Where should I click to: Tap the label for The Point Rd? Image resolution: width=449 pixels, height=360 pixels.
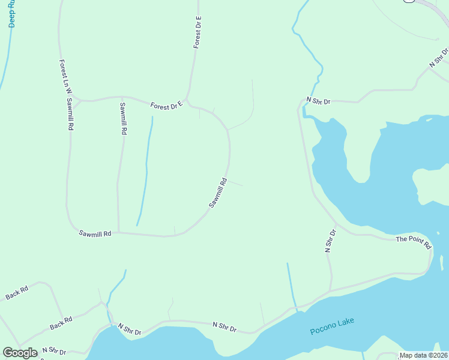[x=413, y=242]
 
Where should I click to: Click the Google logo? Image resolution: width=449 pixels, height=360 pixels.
[x=20, y=353]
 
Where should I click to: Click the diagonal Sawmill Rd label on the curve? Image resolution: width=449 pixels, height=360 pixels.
[x=218, y=193]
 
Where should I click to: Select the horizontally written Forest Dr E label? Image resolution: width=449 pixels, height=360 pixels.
[x=166, y=106]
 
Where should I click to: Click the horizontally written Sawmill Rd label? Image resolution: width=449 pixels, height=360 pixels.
[x=95, y=233]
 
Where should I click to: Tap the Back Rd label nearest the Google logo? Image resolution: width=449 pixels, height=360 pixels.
[x=61, y=323]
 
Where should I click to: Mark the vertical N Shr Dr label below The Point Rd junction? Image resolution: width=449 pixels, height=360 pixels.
[x=329, y=241]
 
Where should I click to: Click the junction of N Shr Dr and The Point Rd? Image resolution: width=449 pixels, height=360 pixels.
[x=337, y=226]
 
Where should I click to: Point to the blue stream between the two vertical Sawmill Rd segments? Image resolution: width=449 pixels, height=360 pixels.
[x=145, y=174]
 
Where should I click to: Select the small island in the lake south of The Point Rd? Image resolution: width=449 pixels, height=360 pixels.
[x=442, y=262]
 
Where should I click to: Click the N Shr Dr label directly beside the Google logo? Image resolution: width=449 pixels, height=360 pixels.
[x=54, y=350]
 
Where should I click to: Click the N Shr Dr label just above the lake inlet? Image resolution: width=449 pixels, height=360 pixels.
[x=318, y=101]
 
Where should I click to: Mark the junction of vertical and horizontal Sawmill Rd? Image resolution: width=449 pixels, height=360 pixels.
[x=118, y=232]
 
